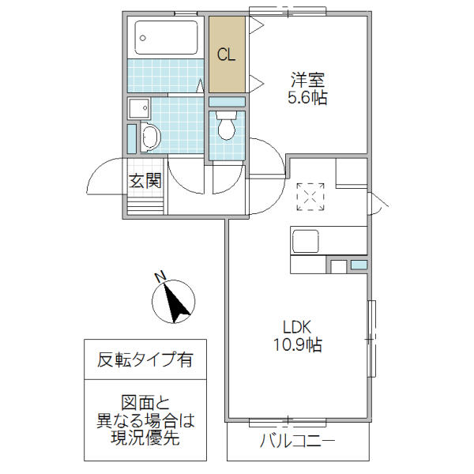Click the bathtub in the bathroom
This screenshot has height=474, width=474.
(x=166, y=36)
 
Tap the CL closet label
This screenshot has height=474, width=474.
(x=227, y=55)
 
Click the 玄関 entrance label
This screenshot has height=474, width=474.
(x=145, y=180)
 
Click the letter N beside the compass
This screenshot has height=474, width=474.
(x=159, y=277)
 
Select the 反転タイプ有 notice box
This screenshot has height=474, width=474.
(x=145, y=360)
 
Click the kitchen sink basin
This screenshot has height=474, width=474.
(x=305, y=240)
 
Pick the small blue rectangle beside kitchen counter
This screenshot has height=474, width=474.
(x=359, y=265)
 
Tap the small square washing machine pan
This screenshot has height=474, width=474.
(x=138, y=109)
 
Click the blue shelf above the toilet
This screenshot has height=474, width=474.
(x=227, y=102)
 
